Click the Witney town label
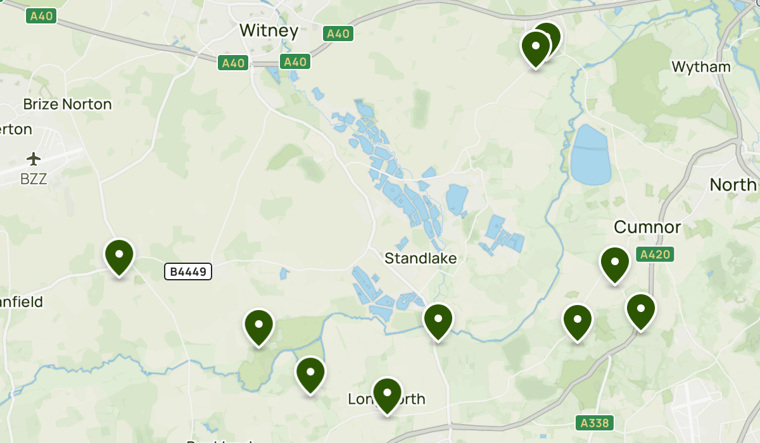click(269, 30)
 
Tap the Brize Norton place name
click(67, 104)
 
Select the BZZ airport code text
click(34, 179)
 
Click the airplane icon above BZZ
click(34, 158)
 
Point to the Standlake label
click(421, 258)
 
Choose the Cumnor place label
click(647, 227)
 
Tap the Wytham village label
click(700, 66)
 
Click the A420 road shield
click(654, 255)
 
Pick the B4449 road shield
click(187, 271)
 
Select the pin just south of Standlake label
click(438, 321)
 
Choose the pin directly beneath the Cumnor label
click(614, 264)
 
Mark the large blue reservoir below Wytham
click(590, 155)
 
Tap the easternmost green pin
click(640, 311)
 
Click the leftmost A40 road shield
click(41, 16)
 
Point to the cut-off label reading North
click(733, 185)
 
